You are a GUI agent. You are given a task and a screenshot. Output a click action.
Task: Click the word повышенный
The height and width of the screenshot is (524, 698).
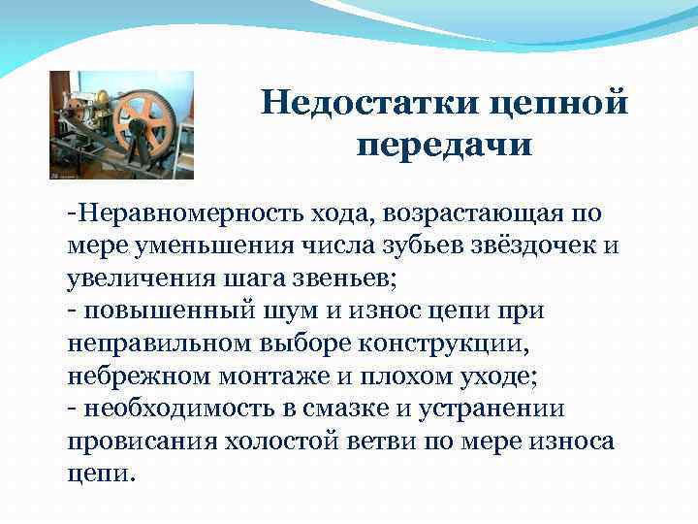click(162, 312)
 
